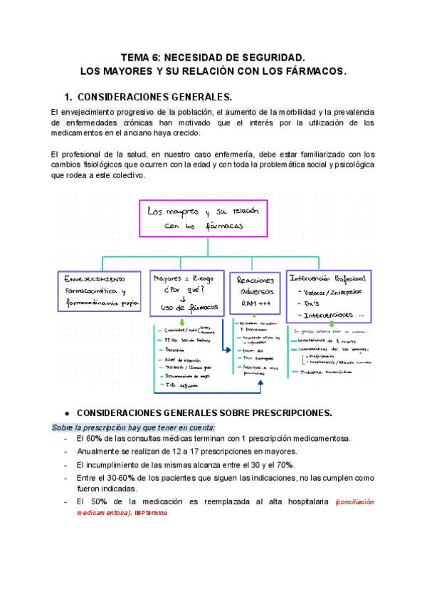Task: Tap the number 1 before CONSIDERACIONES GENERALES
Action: [68, 97]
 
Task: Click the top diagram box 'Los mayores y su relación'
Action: [204, 218]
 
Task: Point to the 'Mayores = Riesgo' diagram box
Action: [187, 292]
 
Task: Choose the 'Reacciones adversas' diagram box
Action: [254, 292]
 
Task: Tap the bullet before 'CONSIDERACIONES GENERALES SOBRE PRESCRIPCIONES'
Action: [66, 412]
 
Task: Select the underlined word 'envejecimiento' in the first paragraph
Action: [94, 113]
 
